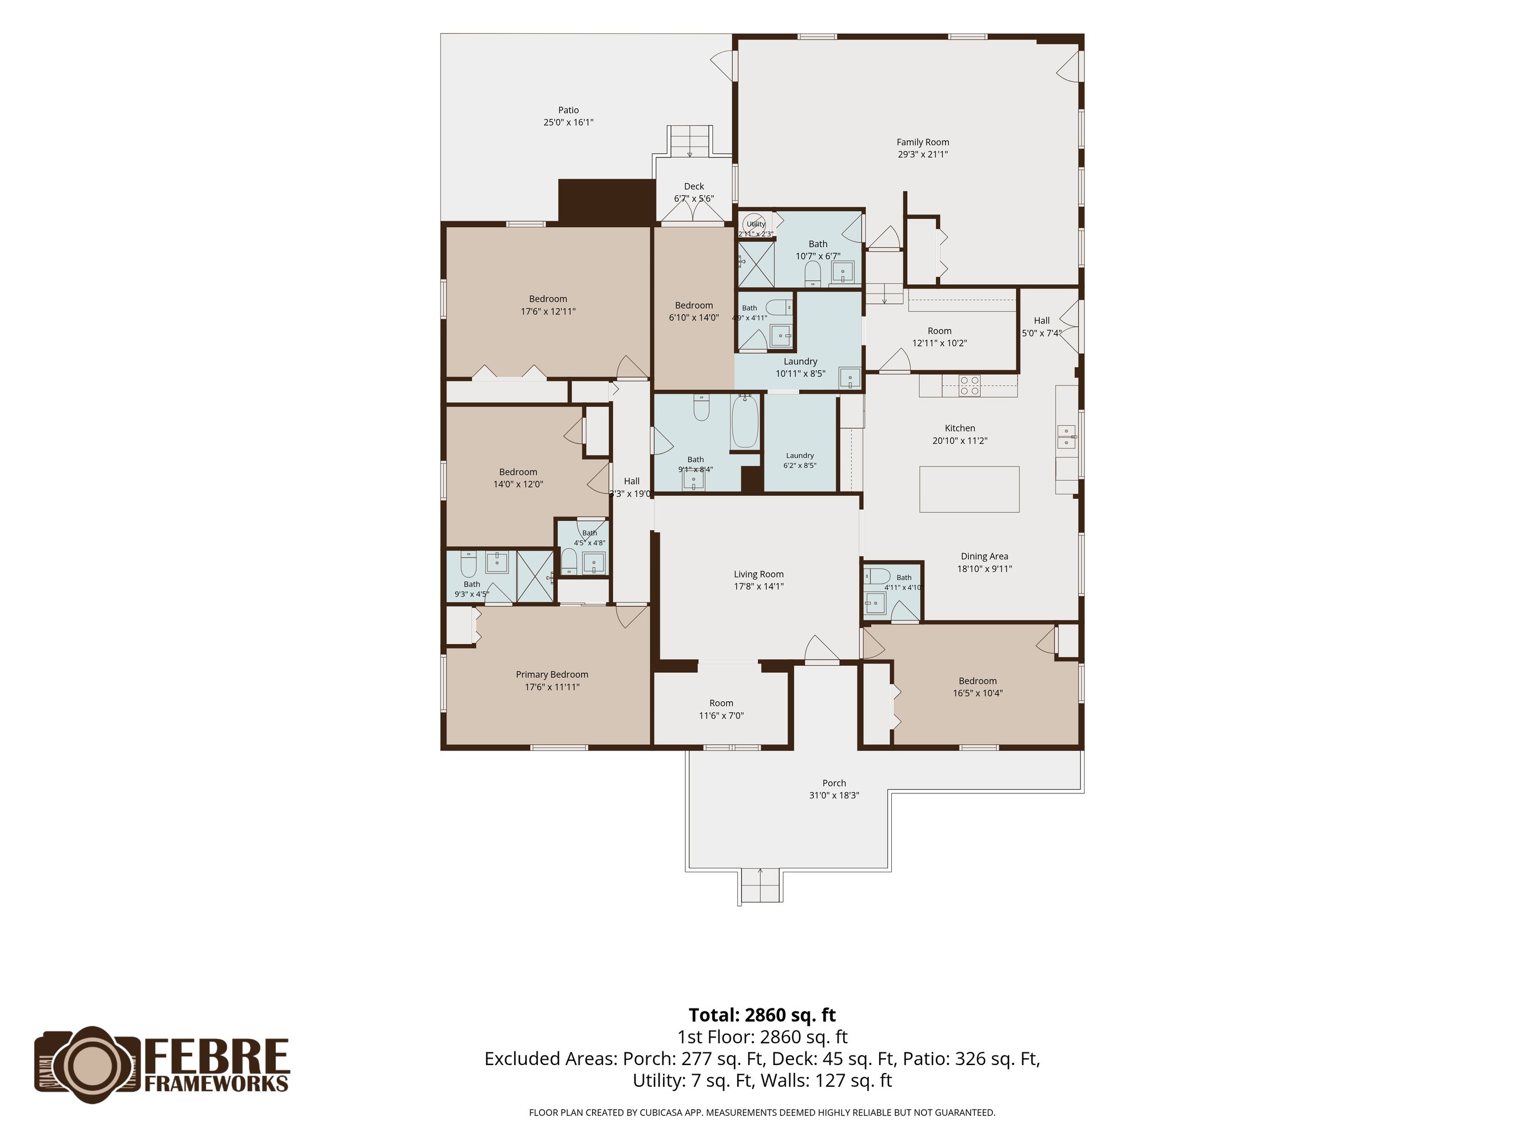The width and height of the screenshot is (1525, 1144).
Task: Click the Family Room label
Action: (x=923, y=142)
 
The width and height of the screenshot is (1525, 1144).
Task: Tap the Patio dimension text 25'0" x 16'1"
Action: (x=568, y=122)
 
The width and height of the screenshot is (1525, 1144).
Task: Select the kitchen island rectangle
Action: (x=968, y=489)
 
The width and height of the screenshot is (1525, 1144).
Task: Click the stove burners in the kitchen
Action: (x=970, y=385)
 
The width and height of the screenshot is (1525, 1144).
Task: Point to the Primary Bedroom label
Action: (x=551, y=674)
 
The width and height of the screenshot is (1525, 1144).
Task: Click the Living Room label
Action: (x=758, y=574)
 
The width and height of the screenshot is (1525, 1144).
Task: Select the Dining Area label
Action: (x=984, y=557)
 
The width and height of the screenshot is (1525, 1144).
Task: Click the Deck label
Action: (x=693, y=186)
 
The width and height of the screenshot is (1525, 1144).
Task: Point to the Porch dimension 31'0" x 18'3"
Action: (x=833, y=795)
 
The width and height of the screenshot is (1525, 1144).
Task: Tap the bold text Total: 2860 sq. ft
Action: (x=762, y=1015)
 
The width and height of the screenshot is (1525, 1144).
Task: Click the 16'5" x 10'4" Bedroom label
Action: (x=977, y=681)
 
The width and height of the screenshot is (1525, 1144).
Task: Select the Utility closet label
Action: (x=756, y=224)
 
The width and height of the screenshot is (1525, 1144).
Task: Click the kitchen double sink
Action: (x=1066, y=436)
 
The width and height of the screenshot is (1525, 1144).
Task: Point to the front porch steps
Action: (x=760, y=885)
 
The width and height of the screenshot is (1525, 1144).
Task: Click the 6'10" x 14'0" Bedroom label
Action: (x=693, y=305)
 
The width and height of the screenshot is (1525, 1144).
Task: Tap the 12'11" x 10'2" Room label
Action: (x=939, y=331)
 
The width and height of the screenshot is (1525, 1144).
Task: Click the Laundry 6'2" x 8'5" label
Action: (x=800, y=455)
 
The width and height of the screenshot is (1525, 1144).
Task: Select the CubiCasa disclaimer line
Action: (x=762, y=1113)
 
